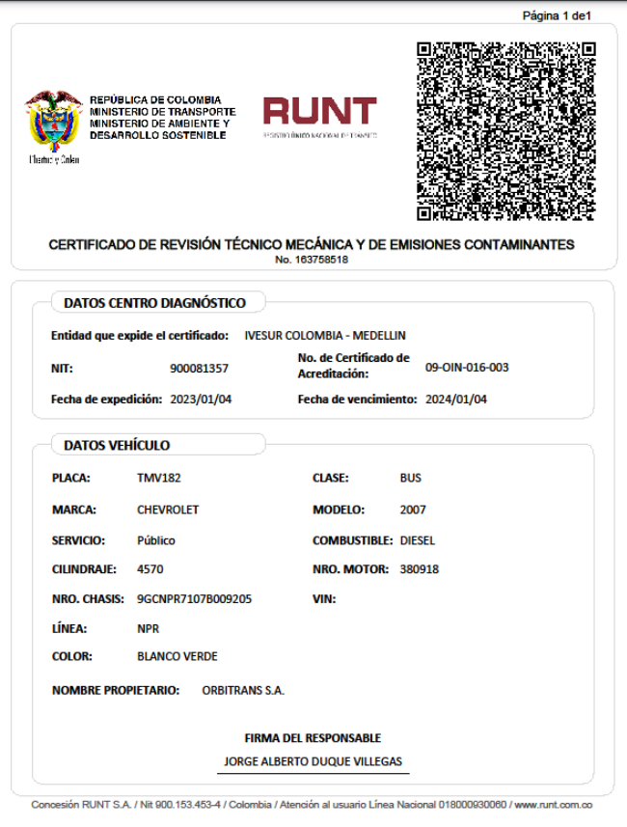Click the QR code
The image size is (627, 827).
click(505, 131)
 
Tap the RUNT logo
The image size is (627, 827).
click(319, 114)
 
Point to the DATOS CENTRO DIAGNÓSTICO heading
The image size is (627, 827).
click(154, 303)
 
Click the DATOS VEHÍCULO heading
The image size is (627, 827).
click(117, 445)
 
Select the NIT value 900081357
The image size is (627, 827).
click(199, 368)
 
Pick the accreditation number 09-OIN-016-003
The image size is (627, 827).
click(467, 368)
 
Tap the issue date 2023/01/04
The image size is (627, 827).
click(201, 399)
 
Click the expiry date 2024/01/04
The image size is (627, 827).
click(456, 399)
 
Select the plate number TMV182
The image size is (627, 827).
click(159, 478)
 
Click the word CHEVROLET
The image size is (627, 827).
click(168, 510)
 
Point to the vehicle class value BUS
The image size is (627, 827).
click(411, 478)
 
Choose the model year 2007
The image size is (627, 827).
click(413, 510)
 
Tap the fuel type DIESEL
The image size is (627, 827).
click(419, 540)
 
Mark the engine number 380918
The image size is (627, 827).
click(420, 569)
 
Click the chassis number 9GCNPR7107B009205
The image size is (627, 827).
click(195, 598)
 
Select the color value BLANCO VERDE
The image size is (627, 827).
click(177, 656)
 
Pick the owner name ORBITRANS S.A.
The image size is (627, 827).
click(243, 690)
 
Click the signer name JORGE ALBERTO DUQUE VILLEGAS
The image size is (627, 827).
click(313, 761)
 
